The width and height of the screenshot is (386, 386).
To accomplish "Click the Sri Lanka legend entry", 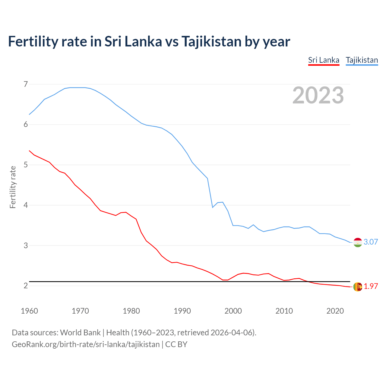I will (x=324, y=60).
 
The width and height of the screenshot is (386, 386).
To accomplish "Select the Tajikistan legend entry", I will (x=362, y=60).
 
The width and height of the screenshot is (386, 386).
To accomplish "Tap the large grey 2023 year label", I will (x=318, y=95).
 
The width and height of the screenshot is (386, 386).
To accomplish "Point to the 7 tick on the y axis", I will (x=26, y=84).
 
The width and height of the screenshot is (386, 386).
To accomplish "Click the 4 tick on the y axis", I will (x=26, y=205).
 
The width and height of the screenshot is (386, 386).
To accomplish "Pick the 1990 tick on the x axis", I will (x=182, y=311).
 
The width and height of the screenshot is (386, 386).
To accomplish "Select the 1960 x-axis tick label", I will (x=29, y=311).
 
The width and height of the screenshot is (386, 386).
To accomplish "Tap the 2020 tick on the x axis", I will (x=335, y=311).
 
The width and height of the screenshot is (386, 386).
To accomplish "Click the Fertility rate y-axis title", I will (x=13, y=187).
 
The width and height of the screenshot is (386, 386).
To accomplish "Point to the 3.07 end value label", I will (x=371, y=242).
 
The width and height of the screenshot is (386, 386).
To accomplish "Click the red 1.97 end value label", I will (x=371, y=286).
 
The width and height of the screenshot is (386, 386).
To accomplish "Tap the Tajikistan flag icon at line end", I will (x=358, y=242).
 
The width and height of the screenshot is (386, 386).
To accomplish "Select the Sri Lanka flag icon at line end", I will (x=358, y=286).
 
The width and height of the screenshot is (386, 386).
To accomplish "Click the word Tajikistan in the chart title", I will (x=211, y=41).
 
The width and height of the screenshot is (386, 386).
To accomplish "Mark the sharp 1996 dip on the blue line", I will (x=213, y=207).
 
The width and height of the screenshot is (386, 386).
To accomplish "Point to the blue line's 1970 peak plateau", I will (x=80, y=88).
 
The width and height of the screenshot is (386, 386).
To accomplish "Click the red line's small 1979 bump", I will (x=126, y=212).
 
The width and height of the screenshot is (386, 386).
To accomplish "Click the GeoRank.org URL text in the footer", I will (x=86, y=344).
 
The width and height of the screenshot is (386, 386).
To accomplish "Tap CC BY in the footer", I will (x=176, y=344).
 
